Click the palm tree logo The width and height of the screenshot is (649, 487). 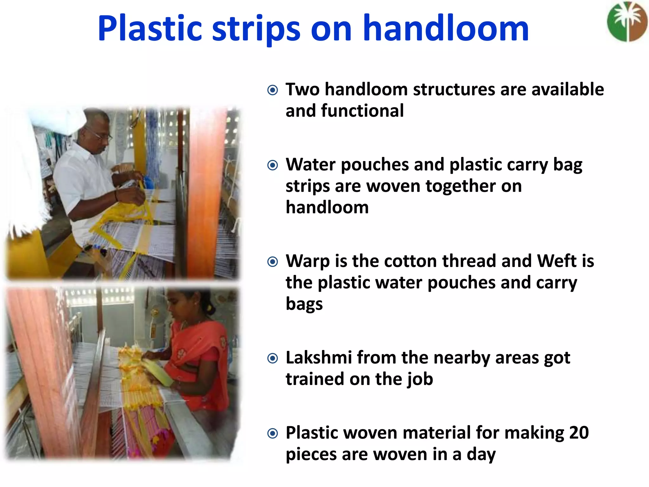coord(627,22)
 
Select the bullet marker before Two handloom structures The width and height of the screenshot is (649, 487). coord(273,90)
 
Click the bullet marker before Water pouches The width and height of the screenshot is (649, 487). coord(273,165)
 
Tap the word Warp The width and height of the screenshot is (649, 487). coord(307,262)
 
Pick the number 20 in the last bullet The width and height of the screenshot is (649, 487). coord(579,433)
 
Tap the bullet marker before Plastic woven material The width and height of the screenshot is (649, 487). coord(273,433)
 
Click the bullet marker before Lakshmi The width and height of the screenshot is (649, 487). coord(273,359)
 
